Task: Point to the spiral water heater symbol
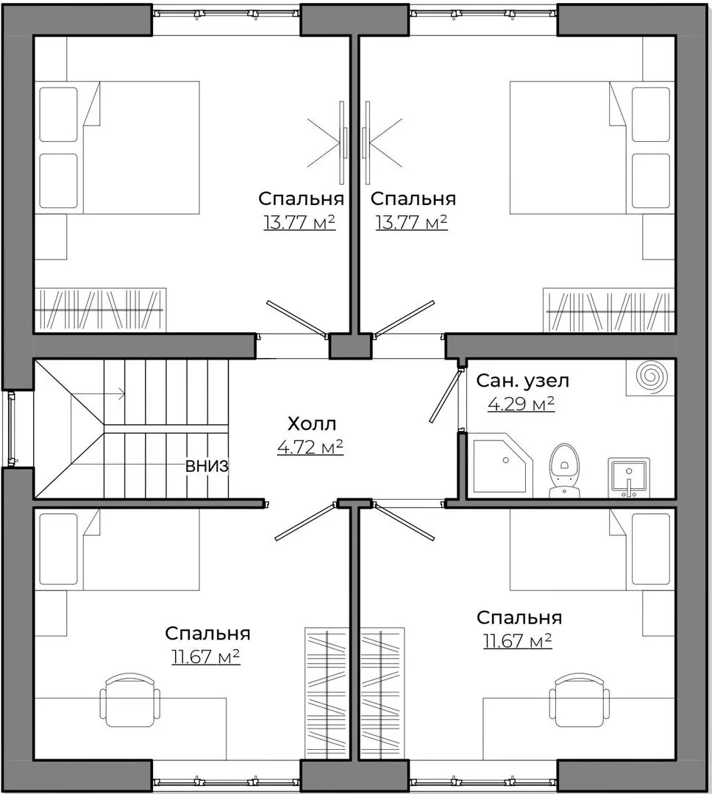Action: (x=651, y=377)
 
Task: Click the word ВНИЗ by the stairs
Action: (x=207, y=466)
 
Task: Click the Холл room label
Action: (x=311, y=423)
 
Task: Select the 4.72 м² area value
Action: (x=310, y=447)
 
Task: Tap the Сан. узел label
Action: (x=522, y=380)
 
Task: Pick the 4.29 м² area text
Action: (x=521, y=404)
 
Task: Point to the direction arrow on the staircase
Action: (x=98, y=393)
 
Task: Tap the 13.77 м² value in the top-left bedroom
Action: (x=299, y=222)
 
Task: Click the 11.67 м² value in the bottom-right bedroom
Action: (x=517, y=641)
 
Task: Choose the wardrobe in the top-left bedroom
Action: (x=100, y=310)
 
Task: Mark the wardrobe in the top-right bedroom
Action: (x=609, y=310)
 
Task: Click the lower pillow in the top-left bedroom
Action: (x=59, y=182)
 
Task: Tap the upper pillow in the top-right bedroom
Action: (x=651, y=115)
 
